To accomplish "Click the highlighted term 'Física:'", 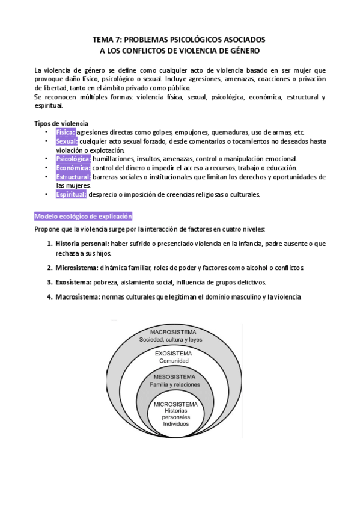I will (66, 132).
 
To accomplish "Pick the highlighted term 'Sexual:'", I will (67, 141).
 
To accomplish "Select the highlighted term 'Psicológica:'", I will (73, 159).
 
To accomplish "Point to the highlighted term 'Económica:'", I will (73, 168).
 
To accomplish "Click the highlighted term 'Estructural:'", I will (73, 177).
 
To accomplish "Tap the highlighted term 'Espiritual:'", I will (72, 194).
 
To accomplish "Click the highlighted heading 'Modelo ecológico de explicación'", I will (84, 215).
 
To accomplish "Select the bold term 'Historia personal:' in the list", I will (82, 244).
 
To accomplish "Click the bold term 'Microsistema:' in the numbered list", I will (77, 268).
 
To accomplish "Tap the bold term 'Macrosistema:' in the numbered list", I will (78, 296).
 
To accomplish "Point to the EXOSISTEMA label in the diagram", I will (174, 354).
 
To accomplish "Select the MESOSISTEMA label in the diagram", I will (174, 376).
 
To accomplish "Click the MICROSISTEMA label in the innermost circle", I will (175, 404).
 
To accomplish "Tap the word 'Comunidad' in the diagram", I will (174, 361).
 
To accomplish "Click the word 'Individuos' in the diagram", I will (175, 424).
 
